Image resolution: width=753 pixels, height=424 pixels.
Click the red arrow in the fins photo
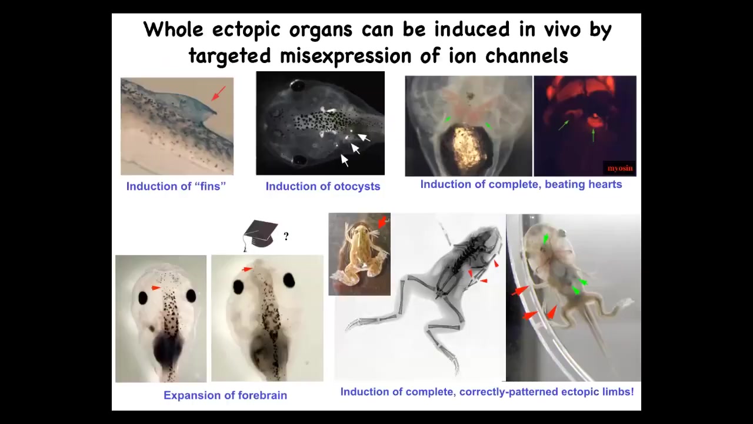point(218,93)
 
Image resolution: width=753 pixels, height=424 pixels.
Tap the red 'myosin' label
point(620,168)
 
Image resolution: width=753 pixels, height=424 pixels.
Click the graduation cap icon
point(261,236)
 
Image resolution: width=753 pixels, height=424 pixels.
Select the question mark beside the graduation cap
point(286,237)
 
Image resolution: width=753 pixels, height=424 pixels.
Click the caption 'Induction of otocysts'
point(323,187)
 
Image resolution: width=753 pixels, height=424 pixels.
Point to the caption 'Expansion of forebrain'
point(225,395)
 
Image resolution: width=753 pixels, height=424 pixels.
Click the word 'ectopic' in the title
point(246,30)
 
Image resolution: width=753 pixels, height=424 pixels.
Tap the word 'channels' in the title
point(527,56)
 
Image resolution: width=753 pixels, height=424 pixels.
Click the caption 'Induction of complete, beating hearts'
point(521,184)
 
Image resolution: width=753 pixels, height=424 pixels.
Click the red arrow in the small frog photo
point(382,222)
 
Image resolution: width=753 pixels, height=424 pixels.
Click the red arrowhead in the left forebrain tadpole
point(156,288)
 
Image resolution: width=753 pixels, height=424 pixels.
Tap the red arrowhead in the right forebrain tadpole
point(248,269)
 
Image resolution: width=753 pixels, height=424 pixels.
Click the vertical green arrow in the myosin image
point(593,135)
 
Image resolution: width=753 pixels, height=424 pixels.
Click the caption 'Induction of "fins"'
point(176,187)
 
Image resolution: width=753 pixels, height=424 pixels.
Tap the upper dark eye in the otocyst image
point(297,86)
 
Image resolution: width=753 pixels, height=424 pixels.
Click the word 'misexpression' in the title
point(345,57)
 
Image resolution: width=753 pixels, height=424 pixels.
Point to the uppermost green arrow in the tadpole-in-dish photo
point(545,238)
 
